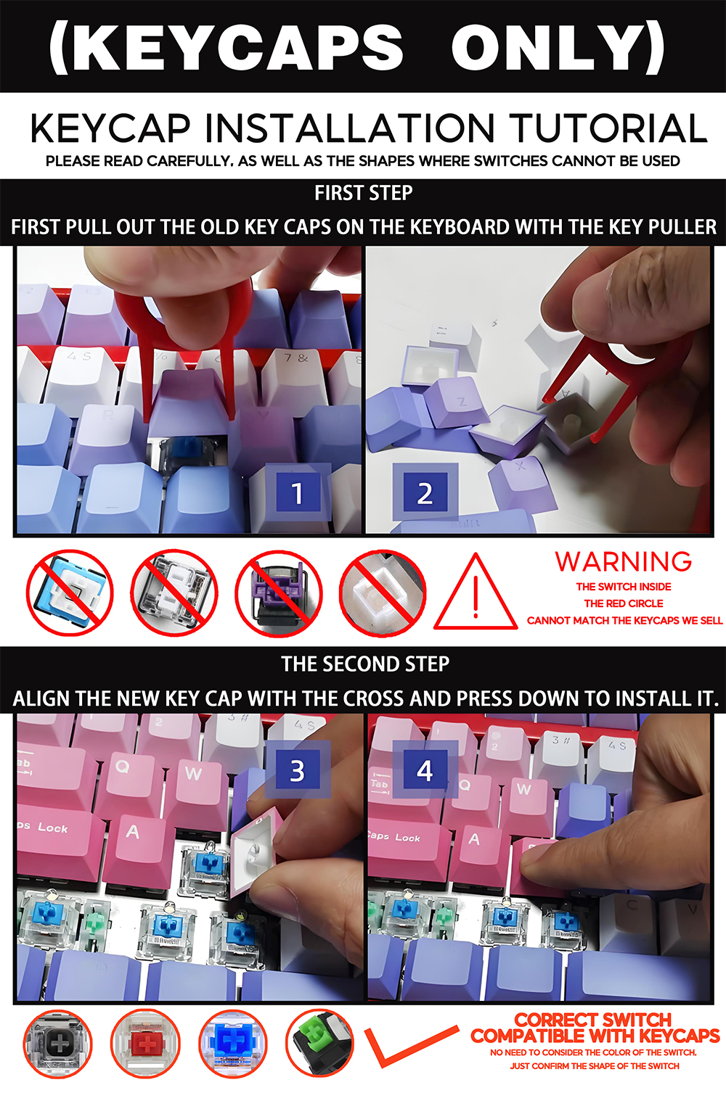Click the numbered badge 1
[297, 493]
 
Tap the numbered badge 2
[425, 493]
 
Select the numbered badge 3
[297, 770]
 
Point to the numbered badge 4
[425, 770]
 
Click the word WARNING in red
[623, 561]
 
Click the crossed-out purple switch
[278, 593]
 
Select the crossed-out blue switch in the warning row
[70, 593]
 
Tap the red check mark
[407, 1044]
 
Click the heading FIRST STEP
[363, 193]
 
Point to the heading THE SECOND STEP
[365, 664]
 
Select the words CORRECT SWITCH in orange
[593, 1020]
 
